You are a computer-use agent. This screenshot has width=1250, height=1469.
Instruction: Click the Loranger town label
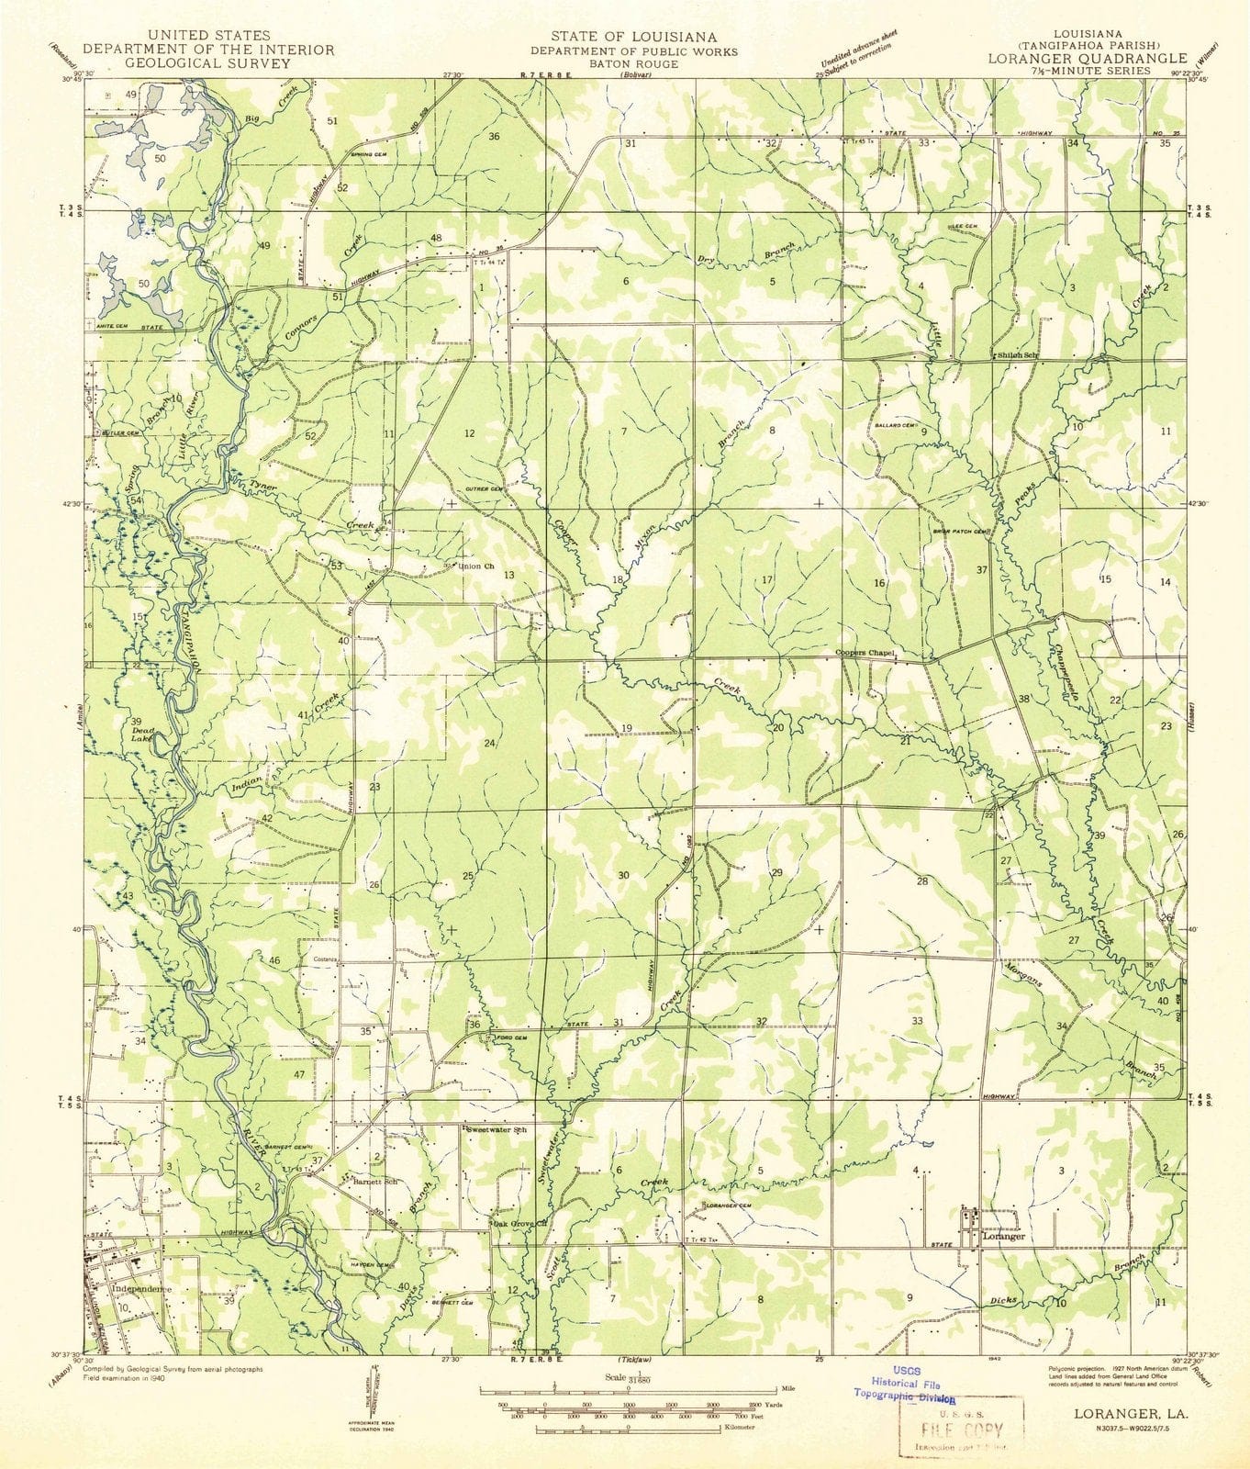pos(1002,1237)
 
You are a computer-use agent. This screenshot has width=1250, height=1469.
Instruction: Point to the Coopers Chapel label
pos(864,654)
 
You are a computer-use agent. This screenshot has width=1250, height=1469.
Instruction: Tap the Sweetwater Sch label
pos(500,1126)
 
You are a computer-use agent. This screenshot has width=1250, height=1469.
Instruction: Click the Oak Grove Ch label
pos(520,1224)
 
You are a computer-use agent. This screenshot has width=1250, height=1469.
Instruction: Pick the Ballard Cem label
pos(895,425)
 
